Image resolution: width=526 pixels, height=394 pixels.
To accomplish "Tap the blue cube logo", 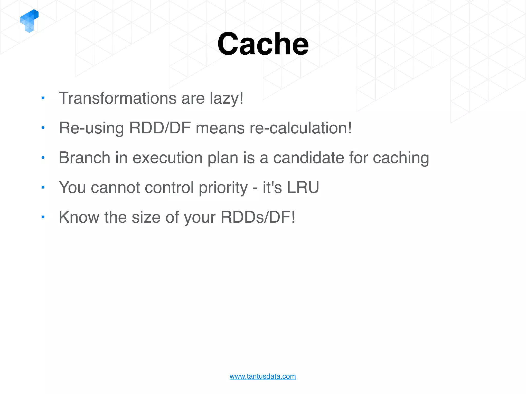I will [29, 21].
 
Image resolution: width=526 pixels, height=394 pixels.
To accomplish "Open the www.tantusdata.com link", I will [262, 376].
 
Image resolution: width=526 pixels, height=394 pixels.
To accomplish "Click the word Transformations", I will [117, 98].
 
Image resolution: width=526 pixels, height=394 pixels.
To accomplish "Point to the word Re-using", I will [91, 128].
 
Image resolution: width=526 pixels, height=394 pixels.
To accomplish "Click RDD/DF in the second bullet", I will [160, 128].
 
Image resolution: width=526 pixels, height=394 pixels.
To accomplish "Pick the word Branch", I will [84, 157].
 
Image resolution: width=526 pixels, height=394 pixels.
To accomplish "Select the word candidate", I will [308, 157].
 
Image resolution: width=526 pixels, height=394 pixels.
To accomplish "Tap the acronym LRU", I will [303, 187].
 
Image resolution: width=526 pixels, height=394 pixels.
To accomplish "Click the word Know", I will [79, 217].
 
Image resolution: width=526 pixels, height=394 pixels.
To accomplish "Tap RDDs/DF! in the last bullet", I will [258, 217].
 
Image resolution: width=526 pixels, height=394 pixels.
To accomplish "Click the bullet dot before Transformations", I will [43, 98].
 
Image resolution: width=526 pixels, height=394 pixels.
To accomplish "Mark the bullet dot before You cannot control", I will [43, 187].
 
